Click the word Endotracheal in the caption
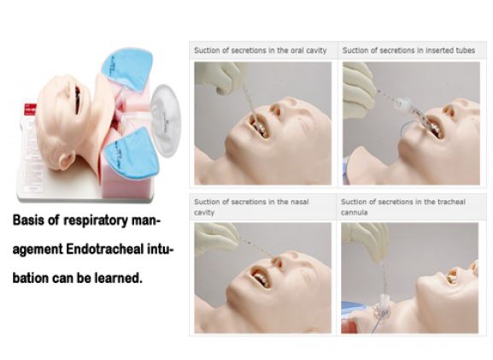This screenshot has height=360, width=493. [105, 250]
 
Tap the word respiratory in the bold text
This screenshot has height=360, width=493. [97, 221]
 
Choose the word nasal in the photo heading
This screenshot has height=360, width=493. [300, 202]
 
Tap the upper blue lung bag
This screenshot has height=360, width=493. [127, 69]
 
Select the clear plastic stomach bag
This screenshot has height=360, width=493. [166, 121]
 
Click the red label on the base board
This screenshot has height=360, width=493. [30, 110]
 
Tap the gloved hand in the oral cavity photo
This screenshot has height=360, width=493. [220, 77]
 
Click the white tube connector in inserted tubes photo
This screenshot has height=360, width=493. [403, 103]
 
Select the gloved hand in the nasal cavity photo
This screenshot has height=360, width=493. [216, 237]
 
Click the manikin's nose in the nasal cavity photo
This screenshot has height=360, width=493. [278, 261]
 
